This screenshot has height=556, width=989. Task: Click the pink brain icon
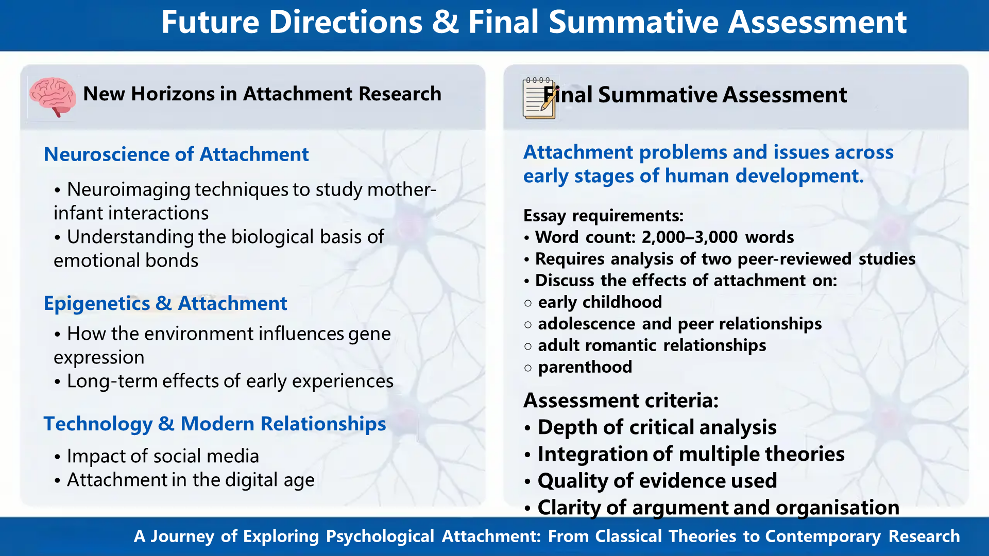[53, 96]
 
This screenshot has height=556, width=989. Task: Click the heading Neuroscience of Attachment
[176, 154]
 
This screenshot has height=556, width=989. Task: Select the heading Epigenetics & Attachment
[165, 304]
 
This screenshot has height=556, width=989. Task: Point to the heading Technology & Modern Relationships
[214, 424]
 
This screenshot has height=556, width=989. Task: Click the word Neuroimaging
[129, 189]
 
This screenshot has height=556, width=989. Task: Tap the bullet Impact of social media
[163, 456]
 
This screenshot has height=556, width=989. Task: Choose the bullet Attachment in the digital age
[191, 480]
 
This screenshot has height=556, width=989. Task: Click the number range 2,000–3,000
[689, 237]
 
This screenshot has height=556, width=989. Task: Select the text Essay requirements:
[603, 216]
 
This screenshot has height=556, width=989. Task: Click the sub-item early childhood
[600, 302]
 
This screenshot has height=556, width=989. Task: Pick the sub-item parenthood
[585, 367]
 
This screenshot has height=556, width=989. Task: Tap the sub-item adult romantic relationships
[652, 345]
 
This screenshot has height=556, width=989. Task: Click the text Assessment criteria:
[621, 401]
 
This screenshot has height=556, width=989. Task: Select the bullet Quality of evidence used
[657, 481]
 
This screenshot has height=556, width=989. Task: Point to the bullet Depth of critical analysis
[657, 427]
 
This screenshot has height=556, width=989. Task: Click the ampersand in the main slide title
[445, 23]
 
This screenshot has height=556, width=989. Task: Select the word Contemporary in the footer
[823, 536]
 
